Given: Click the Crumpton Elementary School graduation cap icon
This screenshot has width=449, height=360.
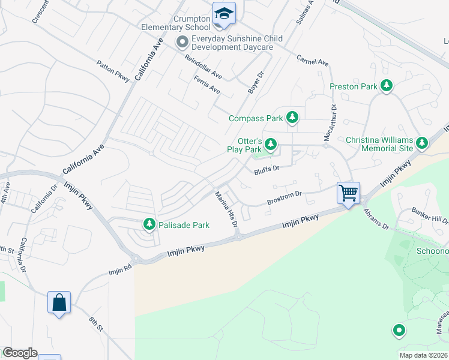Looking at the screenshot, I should [224, 13].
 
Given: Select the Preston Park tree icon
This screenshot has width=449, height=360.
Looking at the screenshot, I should [387, 86].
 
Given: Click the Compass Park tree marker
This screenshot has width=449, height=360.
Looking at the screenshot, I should [292, 118].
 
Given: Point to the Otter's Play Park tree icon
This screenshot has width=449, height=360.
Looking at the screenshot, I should [271, 144].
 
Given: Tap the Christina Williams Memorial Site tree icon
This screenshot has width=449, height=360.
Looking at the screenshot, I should [422, 143].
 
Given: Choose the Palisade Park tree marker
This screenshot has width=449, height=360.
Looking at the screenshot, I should [149, 224].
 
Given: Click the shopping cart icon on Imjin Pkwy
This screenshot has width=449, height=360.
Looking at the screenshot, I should [348, 193].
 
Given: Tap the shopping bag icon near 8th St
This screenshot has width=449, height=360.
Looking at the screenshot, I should [59, 302].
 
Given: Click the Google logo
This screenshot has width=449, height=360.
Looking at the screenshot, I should [19, 353].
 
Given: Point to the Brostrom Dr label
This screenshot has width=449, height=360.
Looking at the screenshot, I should [284, 198].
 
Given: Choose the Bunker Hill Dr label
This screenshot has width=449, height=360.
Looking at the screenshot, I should [429, 215].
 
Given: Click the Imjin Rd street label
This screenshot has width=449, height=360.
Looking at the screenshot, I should [119, 271].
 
